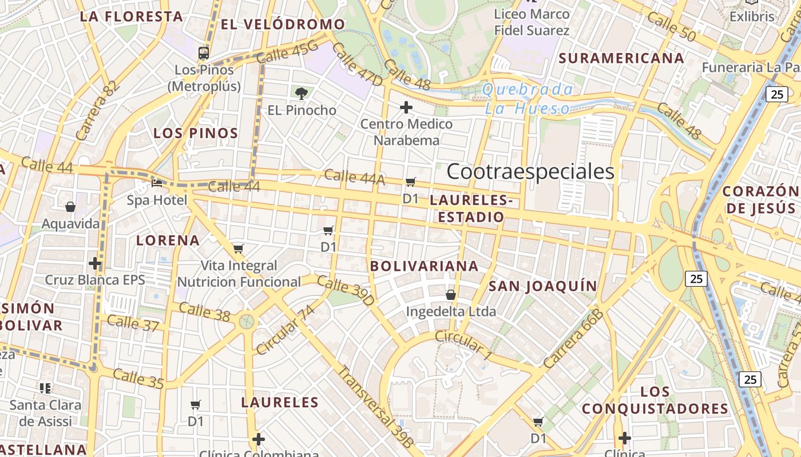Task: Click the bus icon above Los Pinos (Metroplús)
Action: (204, 53)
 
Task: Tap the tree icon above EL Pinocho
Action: (302, 93)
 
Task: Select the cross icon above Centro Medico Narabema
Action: (406, 107)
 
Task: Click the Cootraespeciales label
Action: (530, 171)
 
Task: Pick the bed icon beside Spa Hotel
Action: (157, 183)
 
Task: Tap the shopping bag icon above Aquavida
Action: (70, 206)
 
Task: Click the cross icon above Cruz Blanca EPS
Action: (95, 263)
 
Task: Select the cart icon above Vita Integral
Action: (239, 248)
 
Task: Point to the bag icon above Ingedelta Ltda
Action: (451, 295)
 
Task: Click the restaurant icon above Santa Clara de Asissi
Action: (46, 388)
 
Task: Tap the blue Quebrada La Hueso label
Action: (528, 99)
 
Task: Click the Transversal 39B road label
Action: (375, 406)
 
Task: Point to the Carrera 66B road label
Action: (574, 339)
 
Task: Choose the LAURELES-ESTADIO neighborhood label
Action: (469, 209)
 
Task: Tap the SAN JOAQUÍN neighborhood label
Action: (542, 286)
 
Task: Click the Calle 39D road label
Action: (346, 290)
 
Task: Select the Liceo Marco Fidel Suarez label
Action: (532, 22)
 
